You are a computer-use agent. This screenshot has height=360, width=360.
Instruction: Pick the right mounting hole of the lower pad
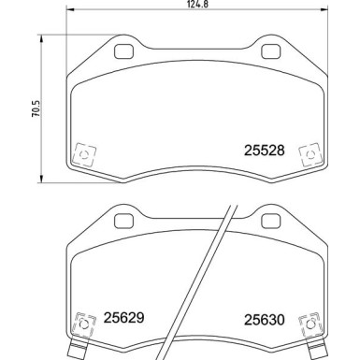coord(268,221)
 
